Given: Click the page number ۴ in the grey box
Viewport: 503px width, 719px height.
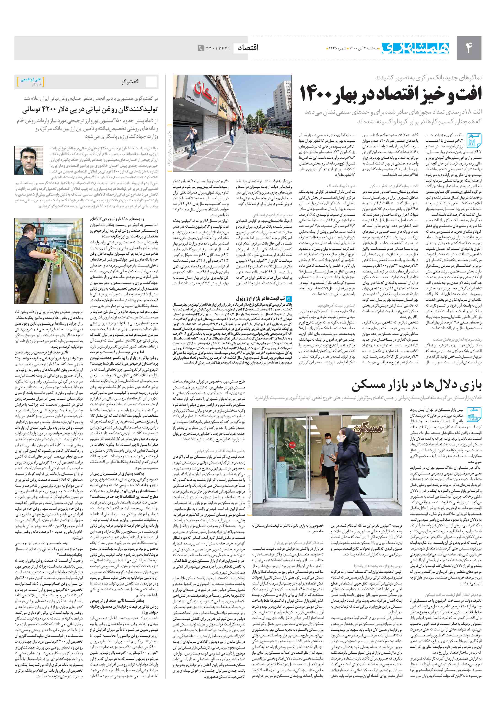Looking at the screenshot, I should [x=468, y=48].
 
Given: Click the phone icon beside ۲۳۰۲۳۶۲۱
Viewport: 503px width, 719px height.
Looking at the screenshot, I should [x=200, y=48].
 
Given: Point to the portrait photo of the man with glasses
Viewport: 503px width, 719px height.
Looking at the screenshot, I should [x=29, y=160].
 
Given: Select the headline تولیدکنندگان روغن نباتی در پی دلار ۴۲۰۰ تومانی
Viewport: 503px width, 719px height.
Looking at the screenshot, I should [x=90, y=110].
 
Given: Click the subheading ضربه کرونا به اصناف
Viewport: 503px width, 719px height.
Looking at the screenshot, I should [x=341, y=186].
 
